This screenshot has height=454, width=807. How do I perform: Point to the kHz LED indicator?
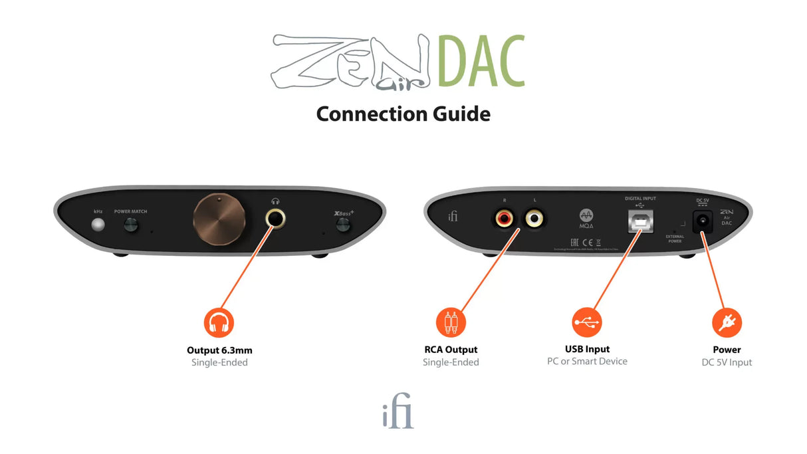coord(98,225)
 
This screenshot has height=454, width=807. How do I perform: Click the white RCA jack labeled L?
coord(534,217)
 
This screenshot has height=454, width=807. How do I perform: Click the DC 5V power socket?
coord(701,222)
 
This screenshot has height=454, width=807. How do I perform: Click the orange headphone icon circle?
coord(219,323)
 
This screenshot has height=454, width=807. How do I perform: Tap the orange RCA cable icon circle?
coord(451,323)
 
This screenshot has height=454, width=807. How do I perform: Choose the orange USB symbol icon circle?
coord(586,322)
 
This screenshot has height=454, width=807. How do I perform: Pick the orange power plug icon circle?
coord(727,323)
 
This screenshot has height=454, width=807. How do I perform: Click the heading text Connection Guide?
coord(403,114)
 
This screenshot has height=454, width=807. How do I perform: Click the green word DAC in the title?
coord(481,63)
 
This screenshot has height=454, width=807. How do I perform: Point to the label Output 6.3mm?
coord(219,350)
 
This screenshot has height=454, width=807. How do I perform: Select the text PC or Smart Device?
coord(587,361)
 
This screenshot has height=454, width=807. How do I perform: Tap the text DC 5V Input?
coord(727,362)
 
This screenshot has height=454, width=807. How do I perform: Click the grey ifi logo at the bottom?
coord(398,415)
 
